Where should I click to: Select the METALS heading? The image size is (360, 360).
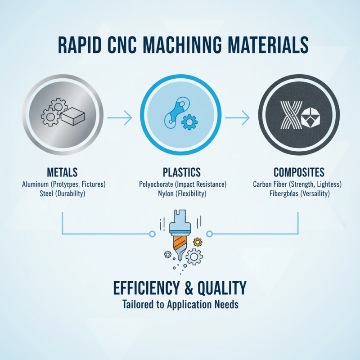(62, 172)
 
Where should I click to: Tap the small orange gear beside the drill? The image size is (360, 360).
(197, 242)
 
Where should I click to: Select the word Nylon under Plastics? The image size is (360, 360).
(168, 194)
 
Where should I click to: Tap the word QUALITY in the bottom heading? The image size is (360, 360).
(223, 287)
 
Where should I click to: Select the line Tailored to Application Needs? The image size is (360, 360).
(180, 305)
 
